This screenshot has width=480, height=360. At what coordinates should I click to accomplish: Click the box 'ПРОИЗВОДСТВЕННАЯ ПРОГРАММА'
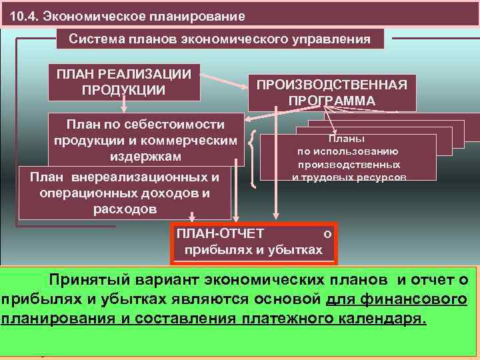pos(332,93)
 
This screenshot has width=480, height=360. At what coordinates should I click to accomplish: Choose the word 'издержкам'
pos(144,157)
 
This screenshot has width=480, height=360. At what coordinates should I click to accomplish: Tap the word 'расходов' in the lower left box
pos(125,209)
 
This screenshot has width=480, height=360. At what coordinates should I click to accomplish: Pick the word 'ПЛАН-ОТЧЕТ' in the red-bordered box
pos(220,233)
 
